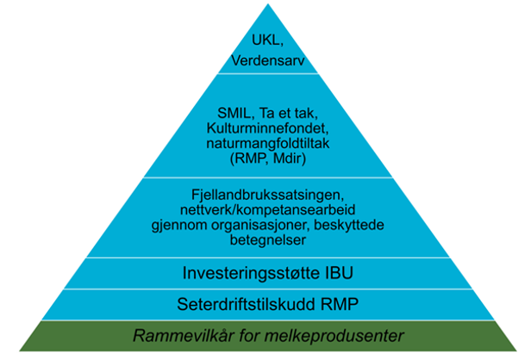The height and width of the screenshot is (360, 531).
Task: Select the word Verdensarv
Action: click(x=268, y=61)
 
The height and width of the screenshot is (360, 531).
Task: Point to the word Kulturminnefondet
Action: click(x=268, y=128)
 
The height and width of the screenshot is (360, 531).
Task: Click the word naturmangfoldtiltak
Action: click(x=268, y=143)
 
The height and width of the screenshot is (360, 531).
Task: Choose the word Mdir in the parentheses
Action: click(x=289, y=158)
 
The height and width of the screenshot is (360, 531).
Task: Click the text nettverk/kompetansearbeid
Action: click(x=268, y=210)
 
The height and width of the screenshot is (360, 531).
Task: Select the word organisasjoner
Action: click(x=260, y=225)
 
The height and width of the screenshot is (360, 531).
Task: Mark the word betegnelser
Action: click(x=268, y=240)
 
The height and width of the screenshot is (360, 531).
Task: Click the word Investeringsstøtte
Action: click(x=251, y=273)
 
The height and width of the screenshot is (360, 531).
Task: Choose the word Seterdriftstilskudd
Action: click(x=246, y=304)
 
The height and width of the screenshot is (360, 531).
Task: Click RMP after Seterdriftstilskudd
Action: click(x=339, y=304)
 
